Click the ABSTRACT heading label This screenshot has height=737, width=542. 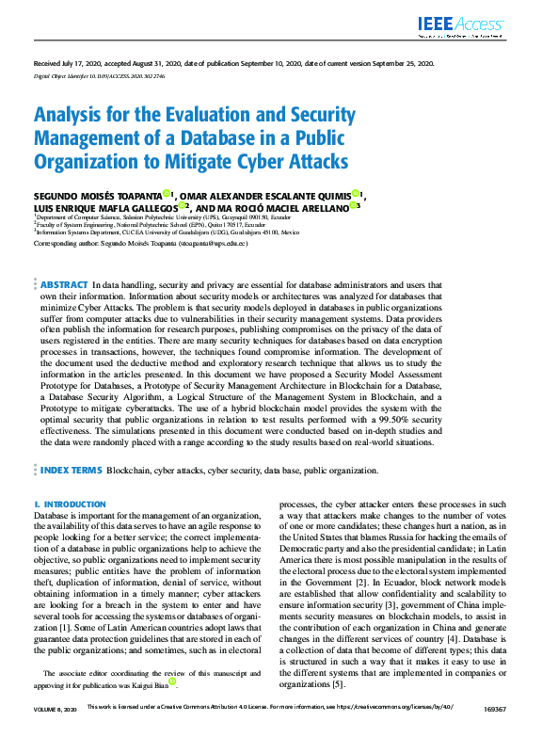pyautogui.click(x=64, y=284)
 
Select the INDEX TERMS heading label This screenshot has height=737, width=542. pyautogui.click(x=72, y=468)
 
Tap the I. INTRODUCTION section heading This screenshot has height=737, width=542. pyautogui.click(x=70, y=505)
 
